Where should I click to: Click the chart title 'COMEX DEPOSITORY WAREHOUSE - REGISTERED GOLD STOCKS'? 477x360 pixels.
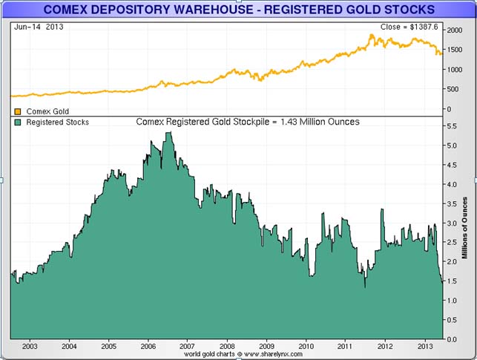(x=239, y=10)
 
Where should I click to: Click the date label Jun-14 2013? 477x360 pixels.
(x=35, y=26)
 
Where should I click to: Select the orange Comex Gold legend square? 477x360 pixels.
(x=18, y=111)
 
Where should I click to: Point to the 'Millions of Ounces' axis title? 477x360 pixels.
(x=464, y=230)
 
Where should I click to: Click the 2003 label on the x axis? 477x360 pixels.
(x=30, y=345)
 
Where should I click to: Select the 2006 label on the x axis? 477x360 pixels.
(x=148, y=345)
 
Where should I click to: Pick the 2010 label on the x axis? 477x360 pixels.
(x=306, y=345)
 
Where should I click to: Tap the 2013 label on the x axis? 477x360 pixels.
(x=424, y=345)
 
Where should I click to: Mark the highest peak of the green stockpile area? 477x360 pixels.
(x=169, y=133)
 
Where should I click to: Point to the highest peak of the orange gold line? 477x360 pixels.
(x=373, y=36)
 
